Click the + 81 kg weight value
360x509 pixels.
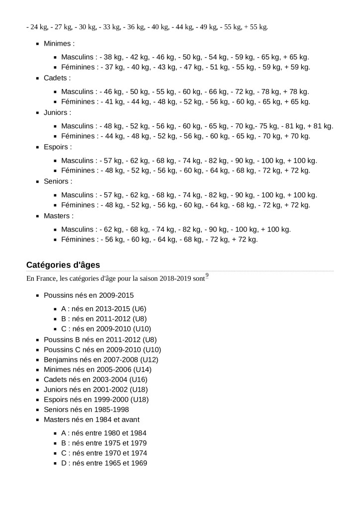click(x=320, y=126)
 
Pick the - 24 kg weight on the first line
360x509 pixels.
click(x=36, y=27)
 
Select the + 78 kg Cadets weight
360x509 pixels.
click(x=296, y=91)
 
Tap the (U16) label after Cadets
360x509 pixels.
click(x=137, y=379)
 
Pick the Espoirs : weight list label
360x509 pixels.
click(x=58, y=147)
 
